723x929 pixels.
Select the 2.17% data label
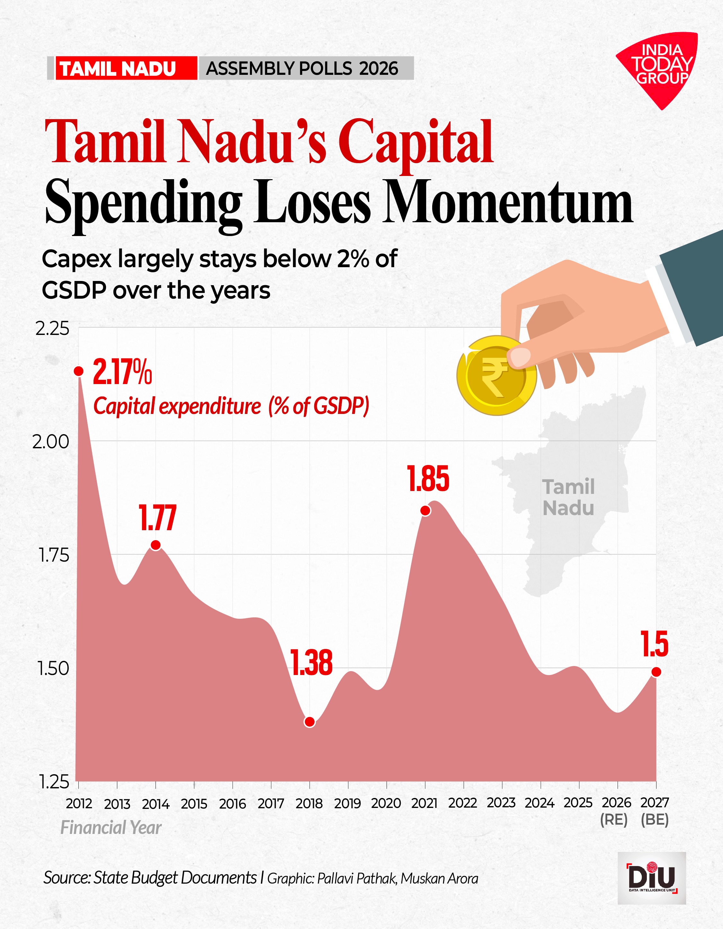tap(122, 372)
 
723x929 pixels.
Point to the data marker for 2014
tap(156, 545)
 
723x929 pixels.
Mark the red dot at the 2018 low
tap(310, 722)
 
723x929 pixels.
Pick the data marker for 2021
tap(425, 511)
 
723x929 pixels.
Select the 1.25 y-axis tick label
tap(54, 782)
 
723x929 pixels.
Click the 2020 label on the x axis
tap(386, 803)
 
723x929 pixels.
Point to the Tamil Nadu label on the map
tap(568, 497)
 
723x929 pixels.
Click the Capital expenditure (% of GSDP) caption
tap(231, 406)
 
